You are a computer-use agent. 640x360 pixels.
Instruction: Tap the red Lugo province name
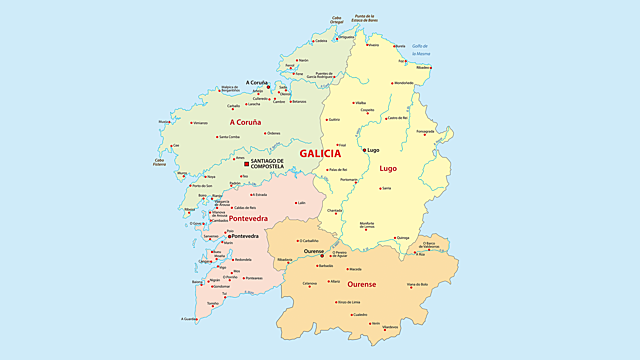[388, 168]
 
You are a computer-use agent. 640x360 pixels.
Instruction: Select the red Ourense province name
[361, 284]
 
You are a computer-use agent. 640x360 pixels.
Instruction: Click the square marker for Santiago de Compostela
[246, 163]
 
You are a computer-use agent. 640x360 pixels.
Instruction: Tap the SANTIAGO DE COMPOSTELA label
[268, 163]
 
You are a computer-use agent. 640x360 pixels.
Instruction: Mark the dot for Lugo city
[364, 150]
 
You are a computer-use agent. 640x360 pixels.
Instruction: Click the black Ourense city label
[314, 252]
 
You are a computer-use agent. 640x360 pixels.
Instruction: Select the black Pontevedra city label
[245, 236]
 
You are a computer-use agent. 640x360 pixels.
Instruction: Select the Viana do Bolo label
[417, 285]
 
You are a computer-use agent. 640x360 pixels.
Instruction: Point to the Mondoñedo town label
[403, 83]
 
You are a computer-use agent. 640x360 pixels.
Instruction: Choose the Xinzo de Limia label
[347, 301]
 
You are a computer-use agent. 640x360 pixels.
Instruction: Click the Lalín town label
[300, 203]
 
